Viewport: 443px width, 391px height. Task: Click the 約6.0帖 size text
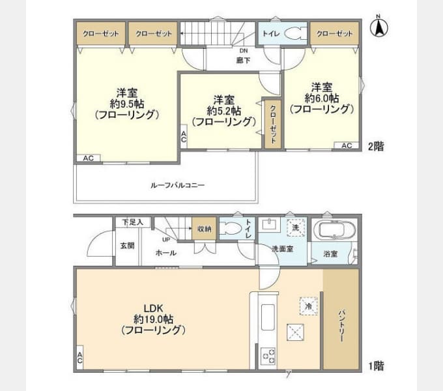[x=322, y=98]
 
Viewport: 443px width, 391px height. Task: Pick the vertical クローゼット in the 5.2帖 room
[x=272, y=124]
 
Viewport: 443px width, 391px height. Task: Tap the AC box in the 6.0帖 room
[x=347, y=145]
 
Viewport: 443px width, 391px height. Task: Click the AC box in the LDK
[x=79, y=358]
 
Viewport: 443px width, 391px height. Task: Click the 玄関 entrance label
[x=127, y=246]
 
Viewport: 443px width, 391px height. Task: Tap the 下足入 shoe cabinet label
[x=127, y=222]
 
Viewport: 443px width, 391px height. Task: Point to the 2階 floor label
[x=375, y=147]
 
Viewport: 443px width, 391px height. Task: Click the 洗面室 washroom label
[x=282, y=248]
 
